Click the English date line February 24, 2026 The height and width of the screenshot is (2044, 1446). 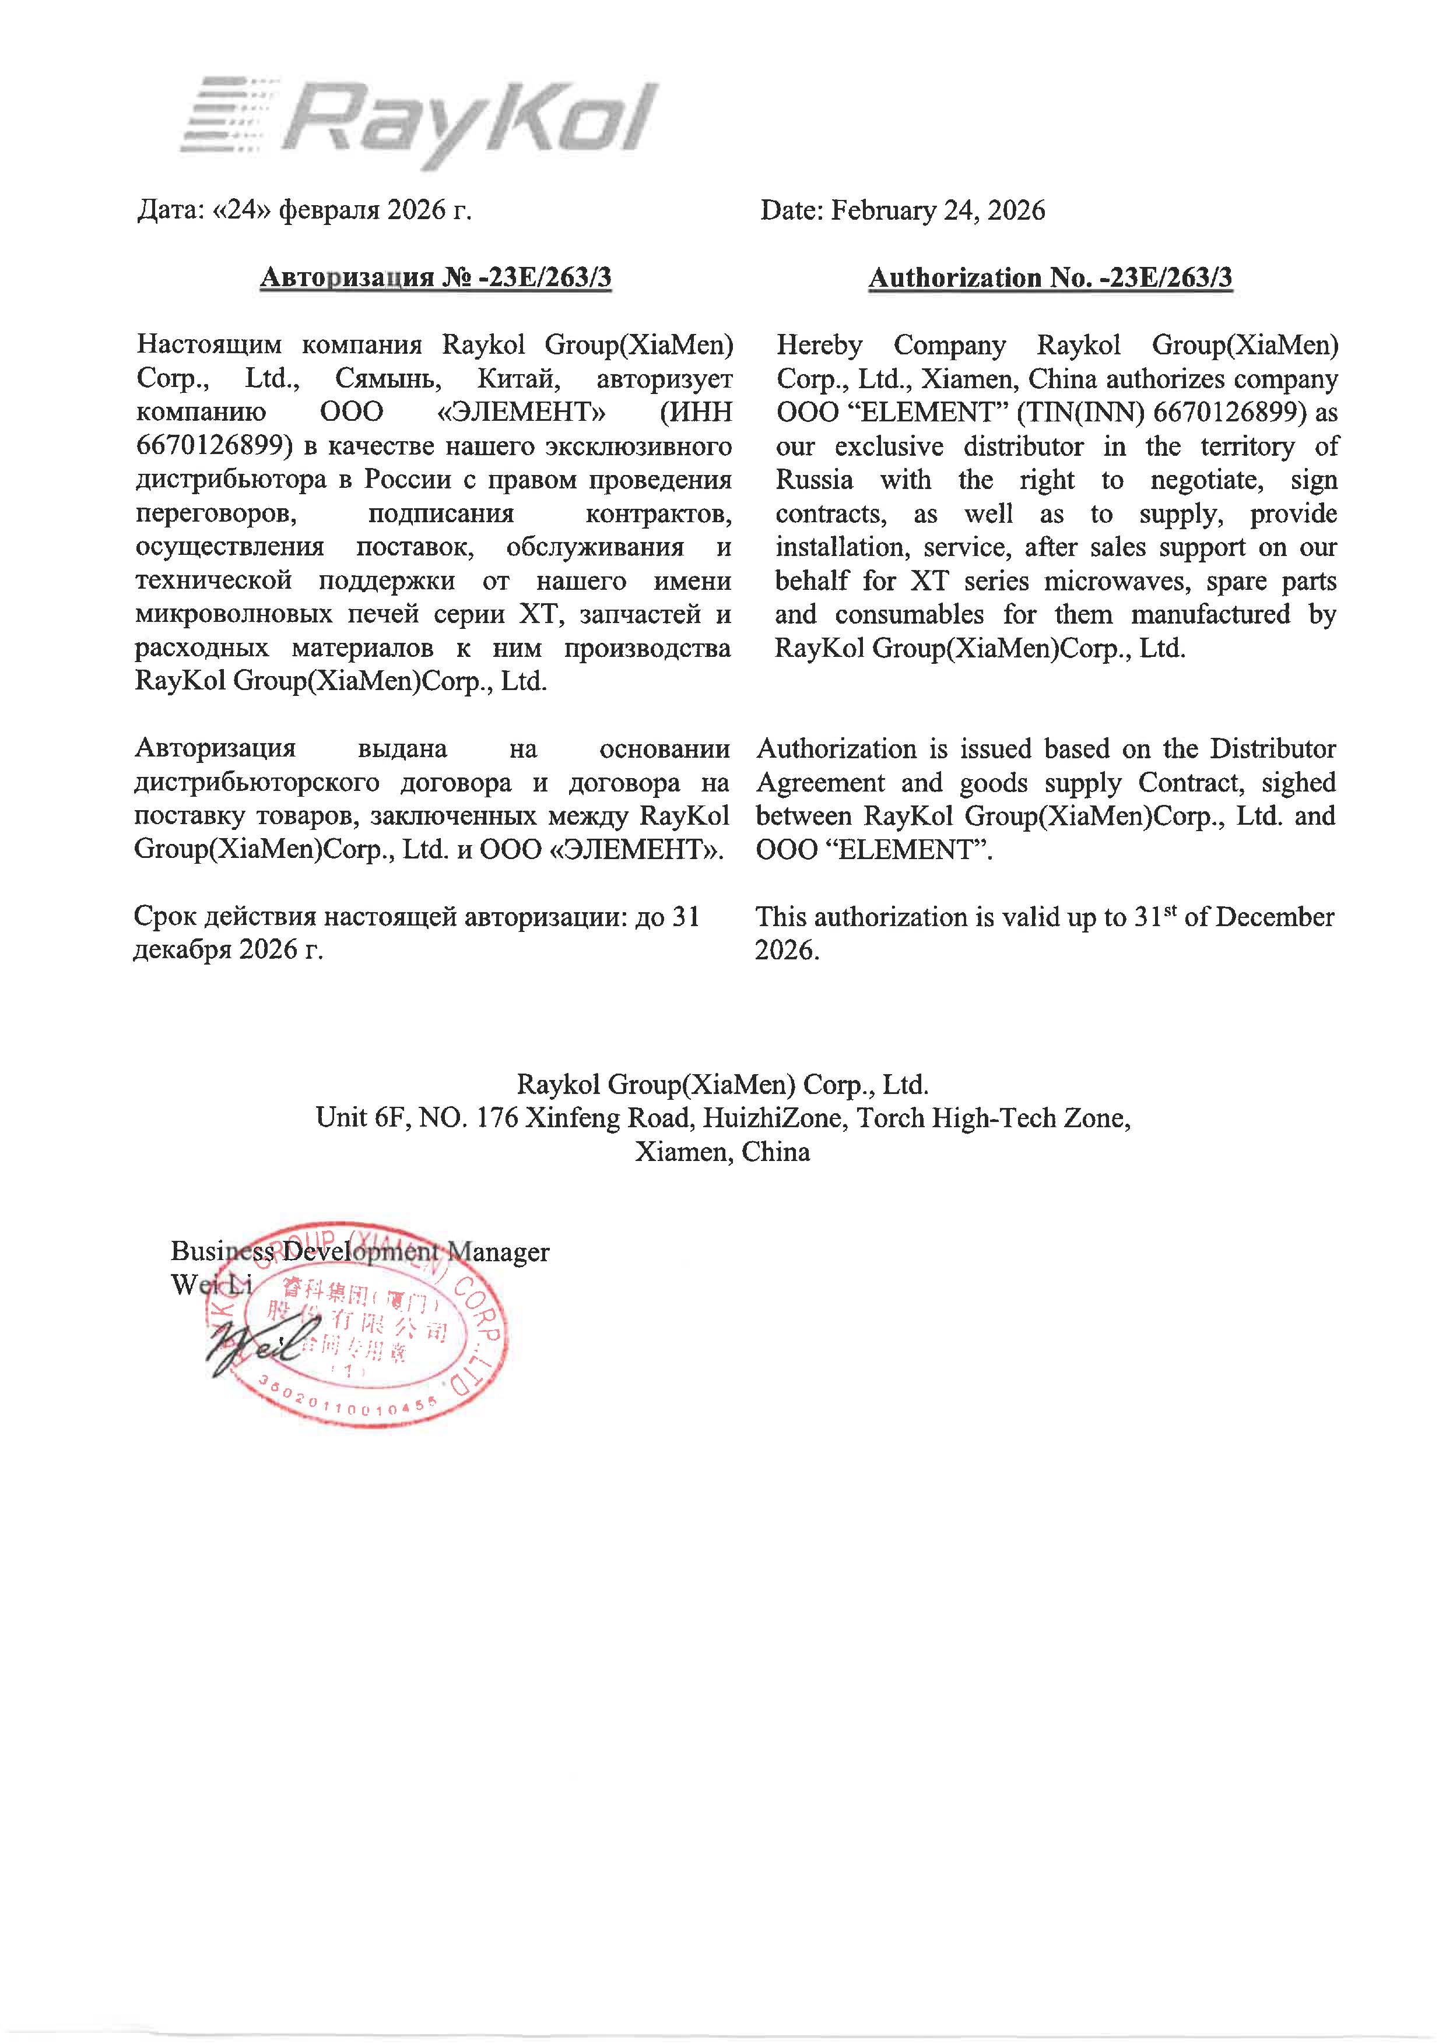point(902,211)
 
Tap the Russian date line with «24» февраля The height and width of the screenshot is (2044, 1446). point(304,211)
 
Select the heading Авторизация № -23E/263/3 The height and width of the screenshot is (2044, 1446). point(436,278)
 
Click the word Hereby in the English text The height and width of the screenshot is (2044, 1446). point(818,346)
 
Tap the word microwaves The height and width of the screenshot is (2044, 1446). point(1118,581)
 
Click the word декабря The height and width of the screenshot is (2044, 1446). point(182,950)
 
